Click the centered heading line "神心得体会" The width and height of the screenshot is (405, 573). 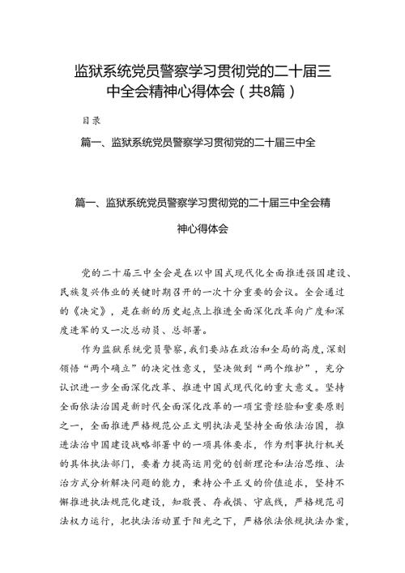[202, 229]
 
